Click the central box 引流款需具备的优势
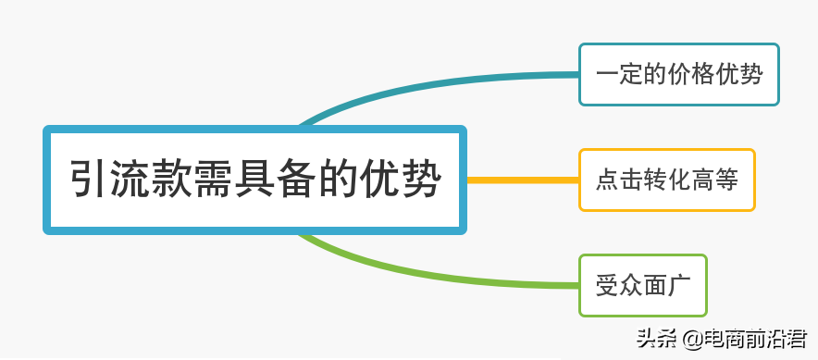(x=254, y=180)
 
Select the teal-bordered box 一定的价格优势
(x=678, y=74)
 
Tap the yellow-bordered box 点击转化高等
(x=666, y=180)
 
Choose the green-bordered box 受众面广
(x=642, y=285)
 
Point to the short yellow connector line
(x=522, y=180)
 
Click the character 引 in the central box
(x=93, y=180)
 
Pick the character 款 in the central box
(x=173, y=180)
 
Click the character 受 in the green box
(x=607, y=285)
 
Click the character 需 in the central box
(x=214, y=180)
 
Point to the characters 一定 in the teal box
(x=619, y=74)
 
